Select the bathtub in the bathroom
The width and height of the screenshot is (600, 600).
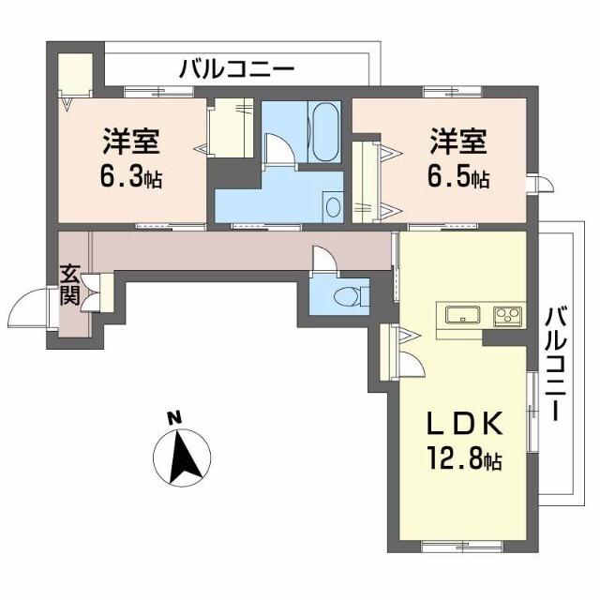coord(324,132)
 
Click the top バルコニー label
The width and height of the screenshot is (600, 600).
coord(236,67)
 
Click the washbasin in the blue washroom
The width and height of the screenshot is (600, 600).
coord(332,206)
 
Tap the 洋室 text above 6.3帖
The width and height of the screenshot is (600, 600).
coord(131,142)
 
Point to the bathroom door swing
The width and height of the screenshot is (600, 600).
coord(279,148)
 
